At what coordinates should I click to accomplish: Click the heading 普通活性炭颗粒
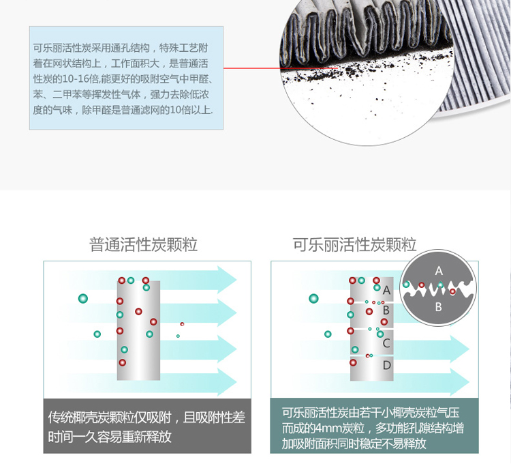(x=144, y=244)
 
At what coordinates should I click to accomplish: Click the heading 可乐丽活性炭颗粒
(x=354, y=244)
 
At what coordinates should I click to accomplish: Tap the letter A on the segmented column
(x=386, y=290)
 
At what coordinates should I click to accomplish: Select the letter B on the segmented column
(x=386, y=310)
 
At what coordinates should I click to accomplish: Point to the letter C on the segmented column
(x=386, y=343)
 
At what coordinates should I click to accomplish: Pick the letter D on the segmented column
(x=386, y=365)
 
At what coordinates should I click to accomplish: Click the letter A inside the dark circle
(x=439, y=270)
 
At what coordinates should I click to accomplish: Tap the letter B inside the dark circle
(x=439, y=307)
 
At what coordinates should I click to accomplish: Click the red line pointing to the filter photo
(x=259, y=68)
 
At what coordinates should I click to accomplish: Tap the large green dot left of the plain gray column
(x=83, y=298)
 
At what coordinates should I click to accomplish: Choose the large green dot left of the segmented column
(x=313, y=298)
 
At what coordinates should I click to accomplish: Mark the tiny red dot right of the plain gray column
(x=182, y=324)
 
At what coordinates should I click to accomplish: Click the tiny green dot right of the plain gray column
(x=178, y=336)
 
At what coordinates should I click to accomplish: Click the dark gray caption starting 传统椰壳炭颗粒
(x=147, y=426)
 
